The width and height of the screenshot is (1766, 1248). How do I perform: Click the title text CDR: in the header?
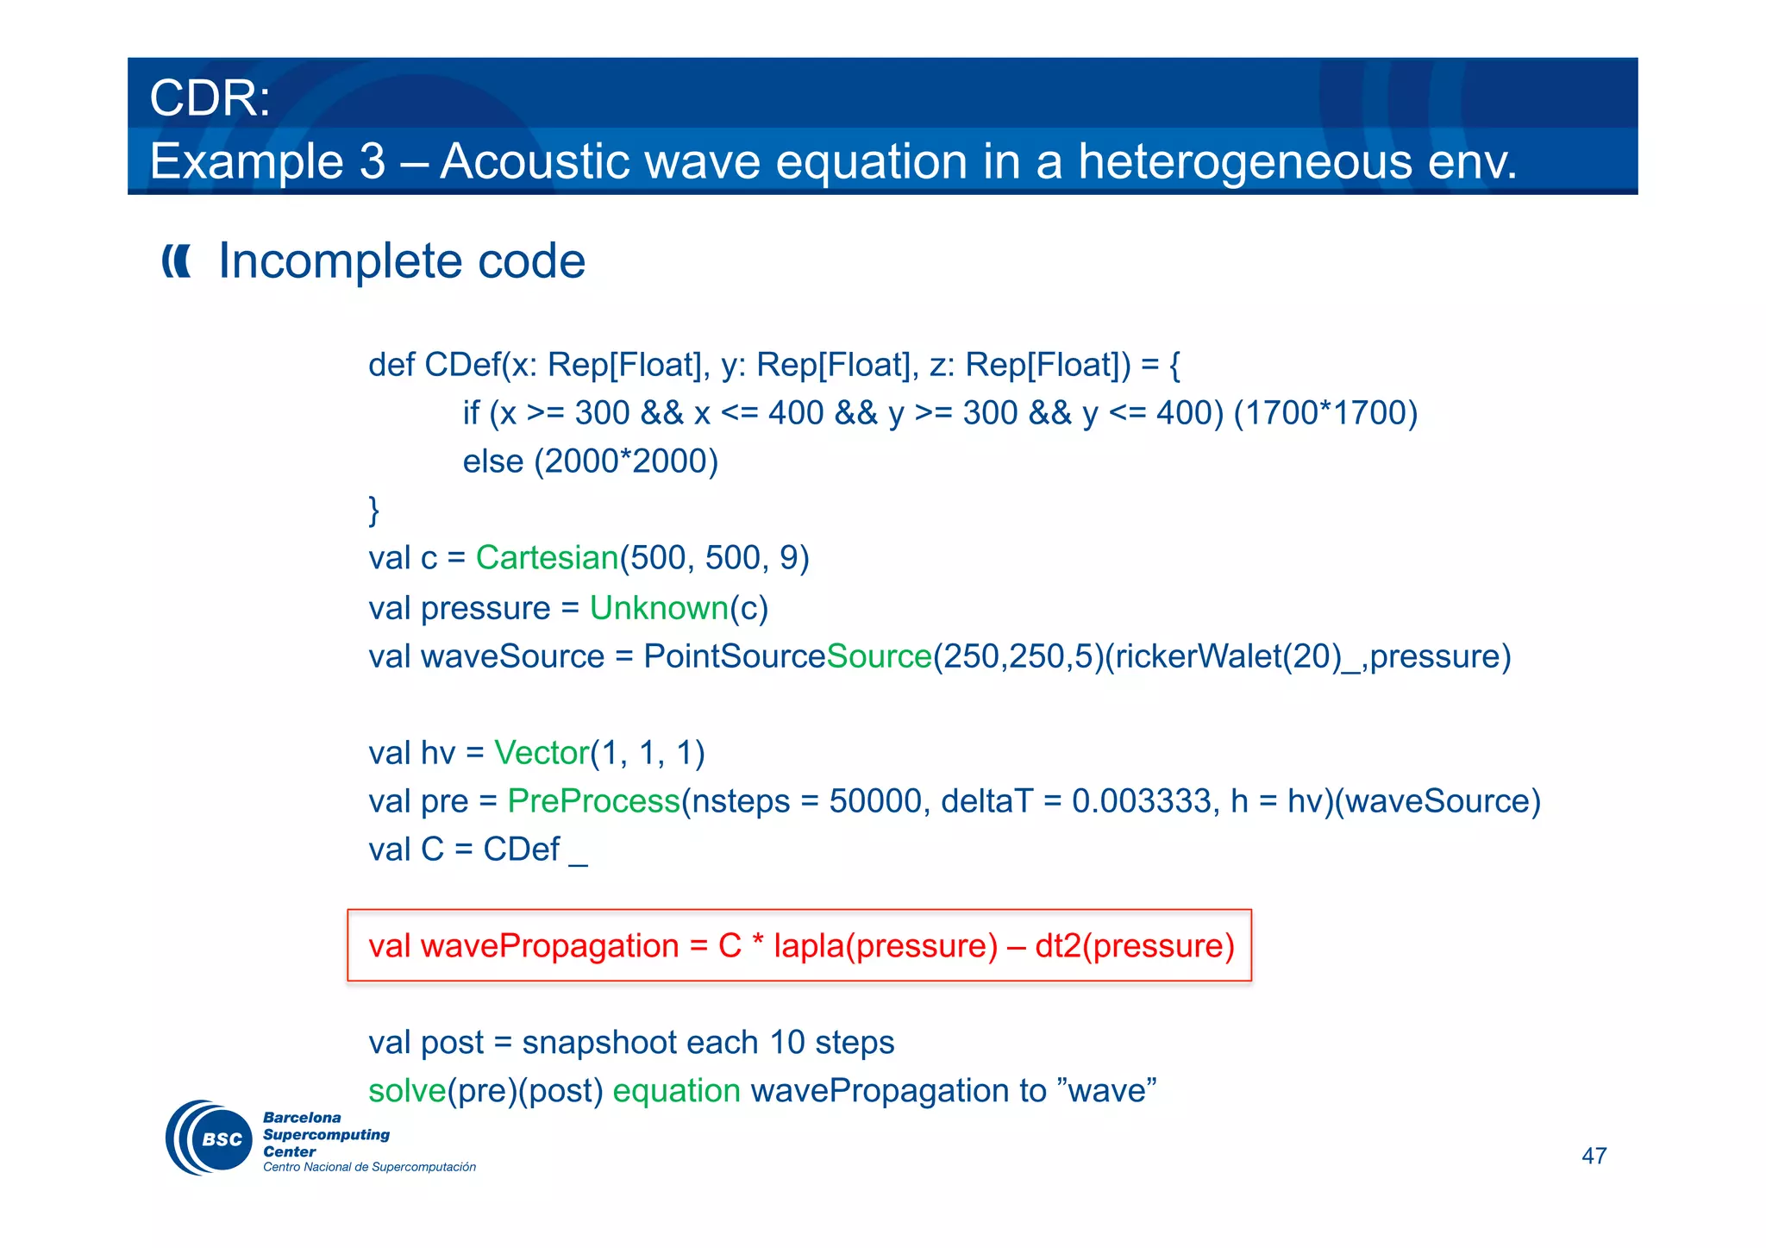(210, 98)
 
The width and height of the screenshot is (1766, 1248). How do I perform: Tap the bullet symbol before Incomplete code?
(177, 260)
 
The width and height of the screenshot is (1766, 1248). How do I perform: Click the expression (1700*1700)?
(1325, 413)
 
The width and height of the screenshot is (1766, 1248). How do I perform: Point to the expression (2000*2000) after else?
(625, 461)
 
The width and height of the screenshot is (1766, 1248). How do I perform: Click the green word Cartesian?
(547, 558)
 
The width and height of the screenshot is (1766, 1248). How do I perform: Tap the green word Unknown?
(659, 608)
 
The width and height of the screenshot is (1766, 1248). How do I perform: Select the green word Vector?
(542, 753)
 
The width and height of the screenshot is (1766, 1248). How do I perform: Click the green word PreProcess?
(593, 801)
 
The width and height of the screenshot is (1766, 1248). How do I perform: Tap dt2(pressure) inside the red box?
(1134, 946)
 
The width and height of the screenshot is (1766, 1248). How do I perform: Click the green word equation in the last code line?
(676, 1091)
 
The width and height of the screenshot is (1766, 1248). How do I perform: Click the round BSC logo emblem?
(210, 1138)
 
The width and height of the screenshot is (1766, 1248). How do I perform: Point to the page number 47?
(1594, 1156)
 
